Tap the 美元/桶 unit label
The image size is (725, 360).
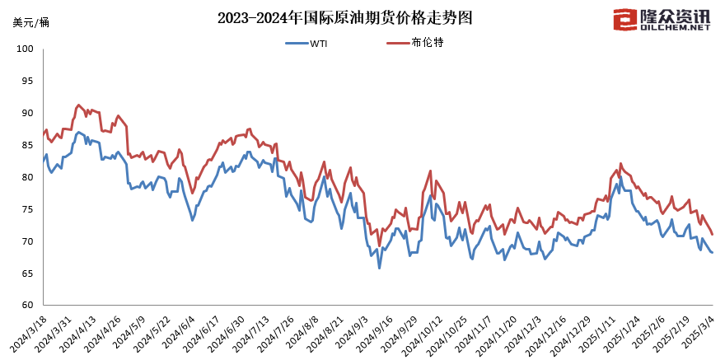[x=30, y=21]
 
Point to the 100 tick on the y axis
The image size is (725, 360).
[x=24, y=49]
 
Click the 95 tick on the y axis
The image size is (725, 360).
[x=26, y=81]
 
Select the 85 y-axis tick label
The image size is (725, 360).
[x=26, y=145]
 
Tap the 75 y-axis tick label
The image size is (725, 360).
[x=26, y=209]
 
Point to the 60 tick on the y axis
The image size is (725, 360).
[x=26, y=306]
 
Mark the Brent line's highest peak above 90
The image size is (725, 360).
[x=78, y=105]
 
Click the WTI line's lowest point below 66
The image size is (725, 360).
[x=379, y=268]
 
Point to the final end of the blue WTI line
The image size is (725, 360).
[x=712, y=252]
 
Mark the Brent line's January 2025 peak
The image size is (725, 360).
[x=620, y=163]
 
